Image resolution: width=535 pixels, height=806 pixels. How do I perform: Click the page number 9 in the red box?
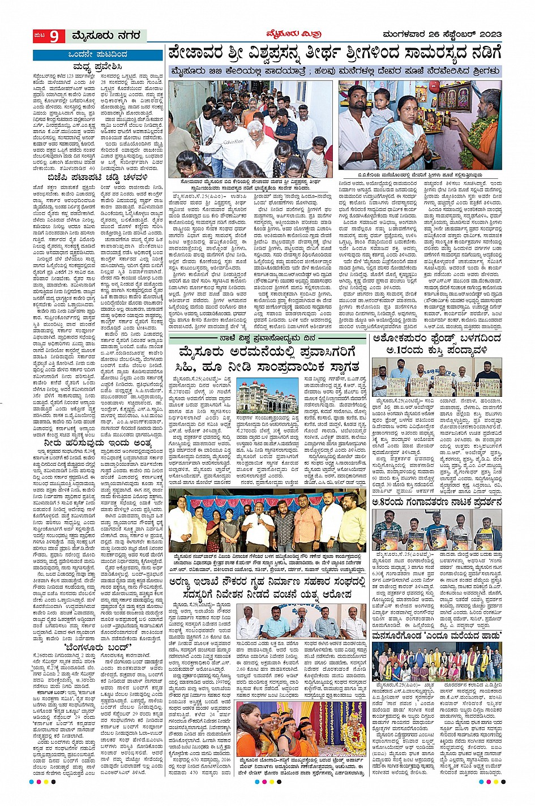[54, 36]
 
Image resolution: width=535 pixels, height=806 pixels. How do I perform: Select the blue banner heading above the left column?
[89, 54]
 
